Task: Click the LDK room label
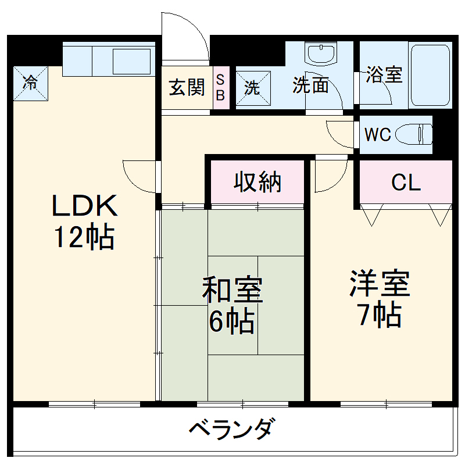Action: point(85,206)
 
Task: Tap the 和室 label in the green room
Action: point(233,291)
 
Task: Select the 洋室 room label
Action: point(380,283)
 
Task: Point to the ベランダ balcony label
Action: point(231,430)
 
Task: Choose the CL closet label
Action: point(405,183)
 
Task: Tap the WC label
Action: point(377,135)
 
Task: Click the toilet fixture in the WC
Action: point(414,135)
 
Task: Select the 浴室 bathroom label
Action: point(384,74)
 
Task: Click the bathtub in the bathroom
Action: point(431,74)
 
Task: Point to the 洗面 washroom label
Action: point(310,85)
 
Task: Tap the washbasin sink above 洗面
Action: point(321,54)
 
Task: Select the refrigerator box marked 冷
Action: point(30,82)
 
